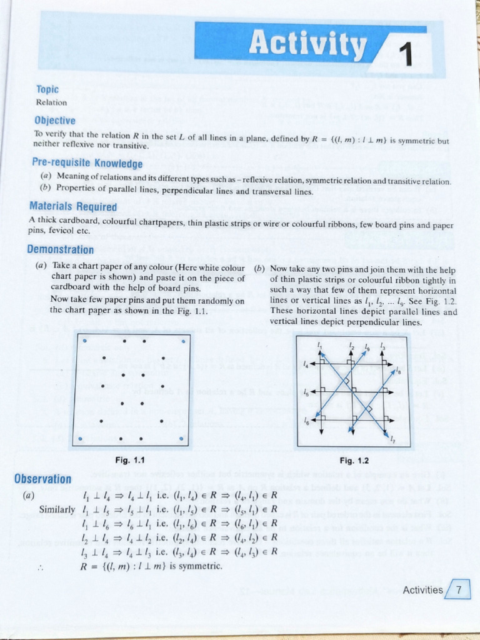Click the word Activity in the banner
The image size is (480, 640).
(307, 44)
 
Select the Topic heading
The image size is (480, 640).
(47, 90)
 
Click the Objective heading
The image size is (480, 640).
(55, 120)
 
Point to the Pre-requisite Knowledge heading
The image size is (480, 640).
(87, 164)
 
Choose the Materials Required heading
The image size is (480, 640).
(73, 206)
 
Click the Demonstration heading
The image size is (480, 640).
(61, 249)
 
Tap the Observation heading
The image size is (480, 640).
(43, 479)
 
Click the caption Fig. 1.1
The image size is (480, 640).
(131, 461)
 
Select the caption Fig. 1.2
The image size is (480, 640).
(354, 461)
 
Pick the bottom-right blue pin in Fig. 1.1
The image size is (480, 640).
(182, 439)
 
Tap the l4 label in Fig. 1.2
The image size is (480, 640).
(306, 362)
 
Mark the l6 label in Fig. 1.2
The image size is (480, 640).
(306, 421)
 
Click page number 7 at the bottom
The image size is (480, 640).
(459, 589)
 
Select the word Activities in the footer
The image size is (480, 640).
(423, 590)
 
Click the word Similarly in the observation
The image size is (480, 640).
(57, 509)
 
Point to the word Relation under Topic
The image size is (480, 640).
(51, 102)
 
